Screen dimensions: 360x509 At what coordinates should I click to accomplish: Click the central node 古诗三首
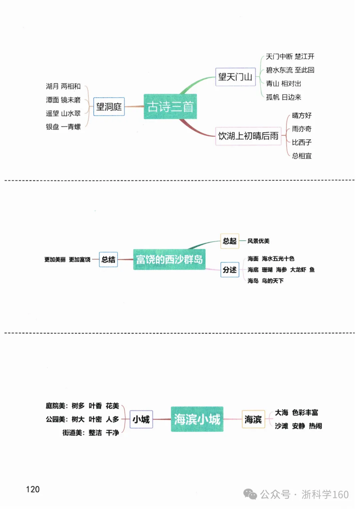[170, 106]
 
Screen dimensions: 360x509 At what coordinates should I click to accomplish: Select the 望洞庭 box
[109, 107]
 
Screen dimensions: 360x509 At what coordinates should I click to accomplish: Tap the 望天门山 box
[235, 77]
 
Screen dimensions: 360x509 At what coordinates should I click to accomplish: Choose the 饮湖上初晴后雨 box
[248, 136]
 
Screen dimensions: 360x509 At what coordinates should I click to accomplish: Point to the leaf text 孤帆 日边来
[283, 97]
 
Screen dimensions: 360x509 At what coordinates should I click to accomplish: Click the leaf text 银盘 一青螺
[63, 127]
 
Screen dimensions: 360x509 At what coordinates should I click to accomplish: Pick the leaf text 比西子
[302, 142]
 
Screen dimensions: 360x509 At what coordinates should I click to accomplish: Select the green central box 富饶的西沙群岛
[169, 259]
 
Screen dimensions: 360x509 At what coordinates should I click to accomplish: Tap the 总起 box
[229, 241]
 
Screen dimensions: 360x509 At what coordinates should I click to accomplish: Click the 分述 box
[230, 270]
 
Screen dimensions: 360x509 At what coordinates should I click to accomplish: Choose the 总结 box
[108, 259]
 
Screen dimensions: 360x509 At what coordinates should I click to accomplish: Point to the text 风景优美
[258, 241]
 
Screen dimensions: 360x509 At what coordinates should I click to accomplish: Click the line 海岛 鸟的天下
[265, 281]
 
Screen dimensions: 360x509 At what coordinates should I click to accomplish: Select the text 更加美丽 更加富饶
[67, 259]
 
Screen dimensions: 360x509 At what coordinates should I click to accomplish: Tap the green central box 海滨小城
[197, 419]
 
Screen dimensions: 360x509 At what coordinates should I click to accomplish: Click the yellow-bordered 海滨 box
[253, 419]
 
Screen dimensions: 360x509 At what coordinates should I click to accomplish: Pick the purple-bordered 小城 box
[141, 419]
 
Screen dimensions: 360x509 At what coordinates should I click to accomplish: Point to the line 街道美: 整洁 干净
[91, 433]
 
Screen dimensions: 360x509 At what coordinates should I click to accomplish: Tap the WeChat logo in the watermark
[250, 494]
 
